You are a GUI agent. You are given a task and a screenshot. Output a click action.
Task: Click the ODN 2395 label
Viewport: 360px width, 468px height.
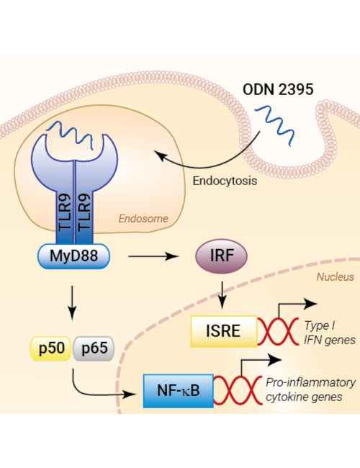point(278,89)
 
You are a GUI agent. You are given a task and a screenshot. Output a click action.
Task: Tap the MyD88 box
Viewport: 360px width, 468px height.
point(73,256)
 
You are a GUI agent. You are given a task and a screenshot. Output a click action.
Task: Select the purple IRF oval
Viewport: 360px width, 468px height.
point(221,256)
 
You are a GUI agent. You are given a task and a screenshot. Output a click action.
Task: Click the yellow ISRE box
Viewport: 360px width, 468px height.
point(224,331)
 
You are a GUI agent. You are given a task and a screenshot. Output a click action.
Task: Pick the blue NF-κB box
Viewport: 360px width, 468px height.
point(179,391)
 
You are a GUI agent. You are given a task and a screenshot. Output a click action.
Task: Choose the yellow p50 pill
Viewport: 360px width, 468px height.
point(50,348)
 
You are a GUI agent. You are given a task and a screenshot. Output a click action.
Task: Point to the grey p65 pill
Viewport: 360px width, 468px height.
point(94,348)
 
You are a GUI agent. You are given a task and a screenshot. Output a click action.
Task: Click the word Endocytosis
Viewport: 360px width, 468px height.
point(225,181)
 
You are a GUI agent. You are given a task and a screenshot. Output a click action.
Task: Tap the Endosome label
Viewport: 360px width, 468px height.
point(143,218)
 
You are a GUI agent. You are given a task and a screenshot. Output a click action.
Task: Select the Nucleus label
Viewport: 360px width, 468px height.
point(336,277)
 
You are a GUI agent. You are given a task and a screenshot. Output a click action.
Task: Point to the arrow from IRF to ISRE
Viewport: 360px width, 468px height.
point(222,295)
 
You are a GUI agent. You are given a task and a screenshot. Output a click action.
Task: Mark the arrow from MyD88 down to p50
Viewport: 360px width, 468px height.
point(72,302)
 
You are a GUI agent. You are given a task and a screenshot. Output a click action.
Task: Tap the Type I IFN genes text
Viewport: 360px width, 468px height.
point(330,333)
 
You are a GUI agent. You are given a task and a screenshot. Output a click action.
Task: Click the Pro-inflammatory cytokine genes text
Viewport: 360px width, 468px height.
point(310,390)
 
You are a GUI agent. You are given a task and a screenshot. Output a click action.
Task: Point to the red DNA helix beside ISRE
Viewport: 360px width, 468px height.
point(278,331)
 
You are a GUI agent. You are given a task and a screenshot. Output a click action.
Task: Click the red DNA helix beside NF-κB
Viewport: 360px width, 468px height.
point(238,390)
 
